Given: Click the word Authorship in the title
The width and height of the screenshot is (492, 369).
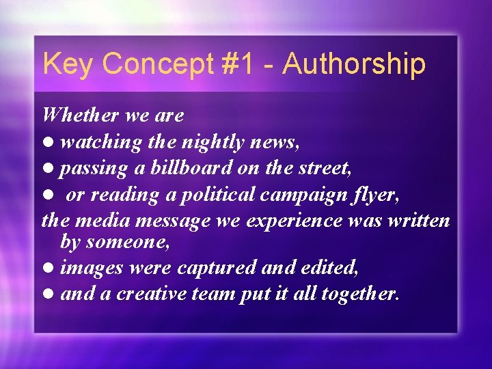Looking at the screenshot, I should (x=354, y=64).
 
